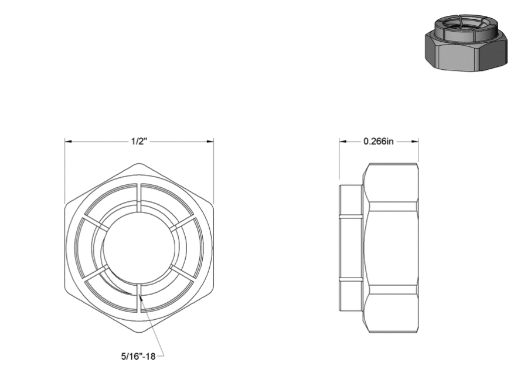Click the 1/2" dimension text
coord(139,141)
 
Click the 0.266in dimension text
coord(379,141)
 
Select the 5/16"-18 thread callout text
coord(138,356)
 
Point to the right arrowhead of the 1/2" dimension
coord(209,141)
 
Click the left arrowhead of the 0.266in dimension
coord(343,141)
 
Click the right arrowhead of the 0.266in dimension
coord(414,141)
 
